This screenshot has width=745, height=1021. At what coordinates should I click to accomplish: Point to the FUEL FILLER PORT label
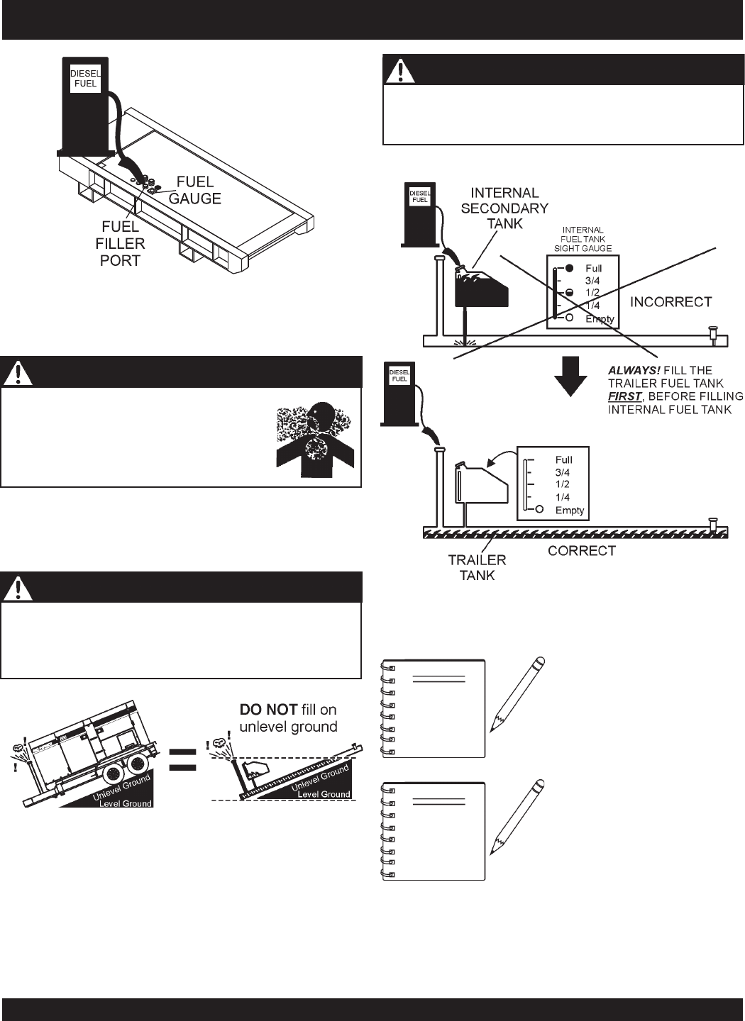[x=121, y=243]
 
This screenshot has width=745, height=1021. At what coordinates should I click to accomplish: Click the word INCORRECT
[x=670, y=302]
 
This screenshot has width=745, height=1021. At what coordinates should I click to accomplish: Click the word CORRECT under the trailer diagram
[x=581, y=550]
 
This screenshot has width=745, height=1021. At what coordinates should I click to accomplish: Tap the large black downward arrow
[x=571, y=376]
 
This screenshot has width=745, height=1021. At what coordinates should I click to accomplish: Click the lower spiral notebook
[x=434, y=831]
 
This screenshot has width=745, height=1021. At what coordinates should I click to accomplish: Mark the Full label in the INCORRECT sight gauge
[x=593, y=269]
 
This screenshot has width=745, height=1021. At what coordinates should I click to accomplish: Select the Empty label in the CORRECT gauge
[x=569, y=510]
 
